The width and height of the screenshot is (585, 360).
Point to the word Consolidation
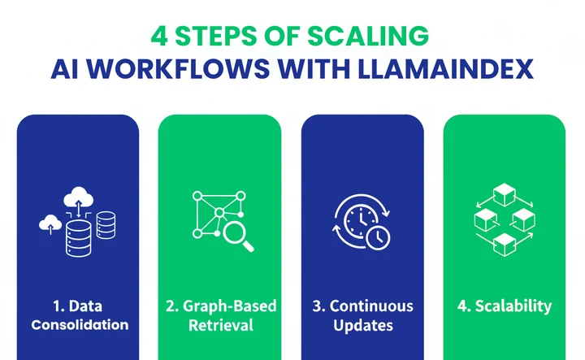[x=78, y=325]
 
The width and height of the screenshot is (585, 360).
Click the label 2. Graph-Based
[x=219, y=306]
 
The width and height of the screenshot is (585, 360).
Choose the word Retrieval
[x=219, y=325]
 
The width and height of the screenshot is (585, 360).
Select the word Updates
[x=362, y=325]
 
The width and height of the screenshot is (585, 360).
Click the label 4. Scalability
[x=505, y=306]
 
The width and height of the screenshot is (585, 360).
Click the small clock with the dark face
[x=376, y=236]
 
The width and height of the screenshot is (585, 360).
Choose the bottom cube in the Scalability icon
[x=504, y=241]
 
